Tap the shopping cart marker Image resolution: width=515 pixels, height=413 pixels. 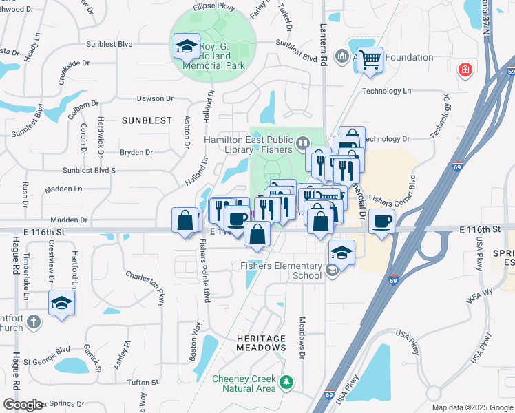coord(370,61)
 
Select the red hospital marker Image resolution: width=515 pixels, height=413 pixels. coord(465,70)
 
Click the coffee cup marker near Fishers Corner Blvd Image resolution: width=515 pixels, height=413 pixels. coord(381,222)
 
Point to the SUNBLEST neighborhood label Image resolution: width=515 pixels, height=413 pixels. coord(147,120)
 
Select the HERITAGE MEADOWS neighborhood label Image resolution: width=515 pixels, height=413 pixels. coord(261,343)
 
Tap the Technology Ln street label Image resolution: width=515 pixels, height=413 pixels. coord(386,91)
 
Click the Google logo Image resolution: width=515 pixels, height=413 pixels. coord(23,405)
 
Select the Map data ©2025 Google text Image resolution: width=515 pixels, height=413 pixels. coord(472,407)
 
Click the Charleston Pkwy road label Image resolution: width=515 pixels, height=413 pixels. coord(145,288)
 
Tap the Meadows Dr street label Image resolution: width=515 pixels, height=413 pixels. coord(302,337)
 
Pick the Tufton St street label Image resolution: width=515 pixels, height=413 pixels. coord(143,383)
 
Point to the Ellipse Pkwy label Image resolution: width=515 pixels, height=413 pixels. coord(216,6)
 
